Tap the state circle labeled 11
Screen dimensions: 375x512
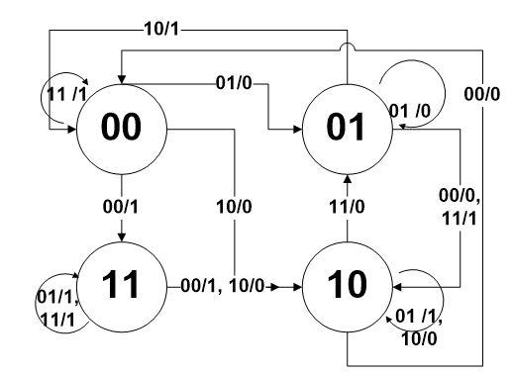[122, 285]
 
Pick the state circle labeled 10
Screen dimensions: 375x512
[348, 285]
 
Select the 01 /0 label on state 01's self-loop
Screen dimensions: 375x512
[414, 109]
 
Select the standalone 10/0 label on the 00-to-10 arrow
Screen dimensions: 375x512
[235, 209]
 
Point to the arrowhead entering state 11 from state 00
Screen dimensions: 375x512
[122, 237]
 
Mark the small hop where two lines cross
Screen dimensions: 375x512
[348, 49]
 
